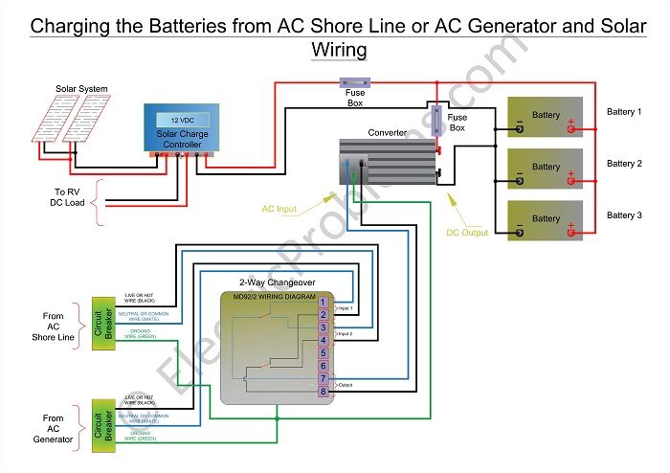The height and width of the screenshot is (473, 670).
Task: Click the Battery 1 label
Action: [624, 112]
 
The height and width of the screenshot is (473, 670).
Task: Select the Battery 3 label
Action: [624, 215]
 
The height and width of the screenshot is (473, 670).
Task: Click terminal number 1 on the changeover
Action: [324, 303]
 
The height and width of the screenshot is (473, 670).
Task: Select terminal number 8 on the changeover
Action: [324, 391]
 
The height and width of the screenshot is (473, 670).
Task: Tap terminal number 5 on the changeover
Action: [324, 353]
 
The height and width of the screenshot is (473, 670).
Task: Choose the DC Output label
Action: [467, 233]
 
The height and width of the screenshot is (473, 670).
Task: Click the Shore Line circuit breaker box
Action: [102, 324]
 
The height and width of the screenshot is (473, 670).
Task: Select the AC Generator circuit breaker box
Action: [102, 424]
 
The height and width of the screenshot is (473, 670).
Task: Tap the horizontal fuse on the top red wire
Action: [355, 83]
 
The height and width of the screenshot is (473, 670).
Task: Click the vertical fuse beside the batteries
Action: [436, 122]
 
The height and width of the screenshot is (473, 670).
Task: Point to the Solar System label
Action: [81, 89]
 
